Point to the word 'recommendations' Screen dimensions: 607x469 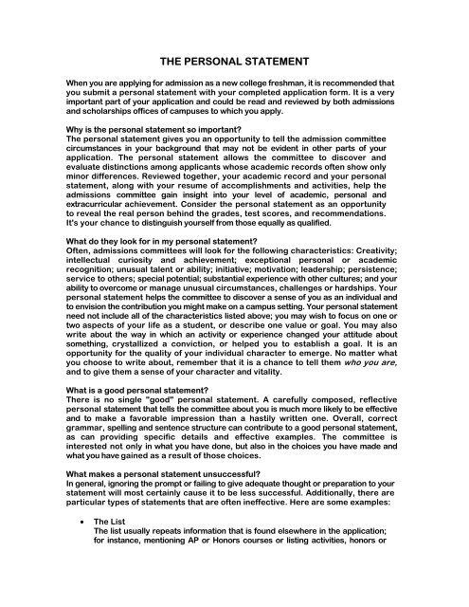[x=361, y=213]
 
